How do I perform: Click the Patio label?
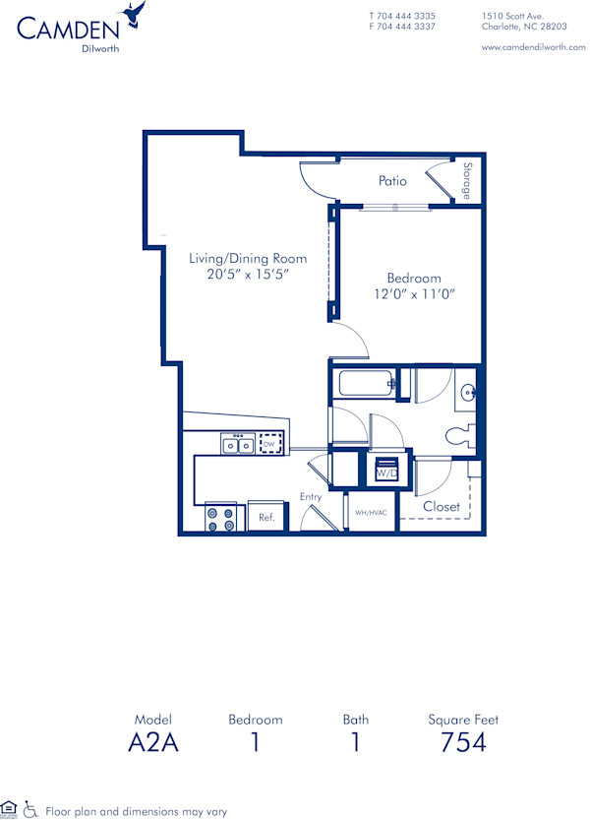point(393,181)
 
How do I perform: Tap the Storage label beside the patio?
point(468,180)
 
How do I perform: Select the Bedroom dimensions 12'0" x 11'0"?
point(413,293)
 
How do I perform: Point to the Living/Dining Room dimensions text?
point(248,275)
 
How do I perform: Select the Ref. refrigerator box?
point(265,516)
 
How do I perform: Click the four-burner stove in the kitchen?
point(222,518)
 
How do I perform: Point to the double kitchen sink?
point(236,445)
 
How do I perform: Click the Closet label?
point(442,507)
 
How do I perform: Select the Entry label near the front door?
point(311,497)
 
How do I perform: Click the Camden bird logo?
point(135,13)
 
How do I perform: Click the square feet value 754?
point(463,742)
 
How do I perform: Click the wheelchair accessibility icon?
point(30,809)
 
